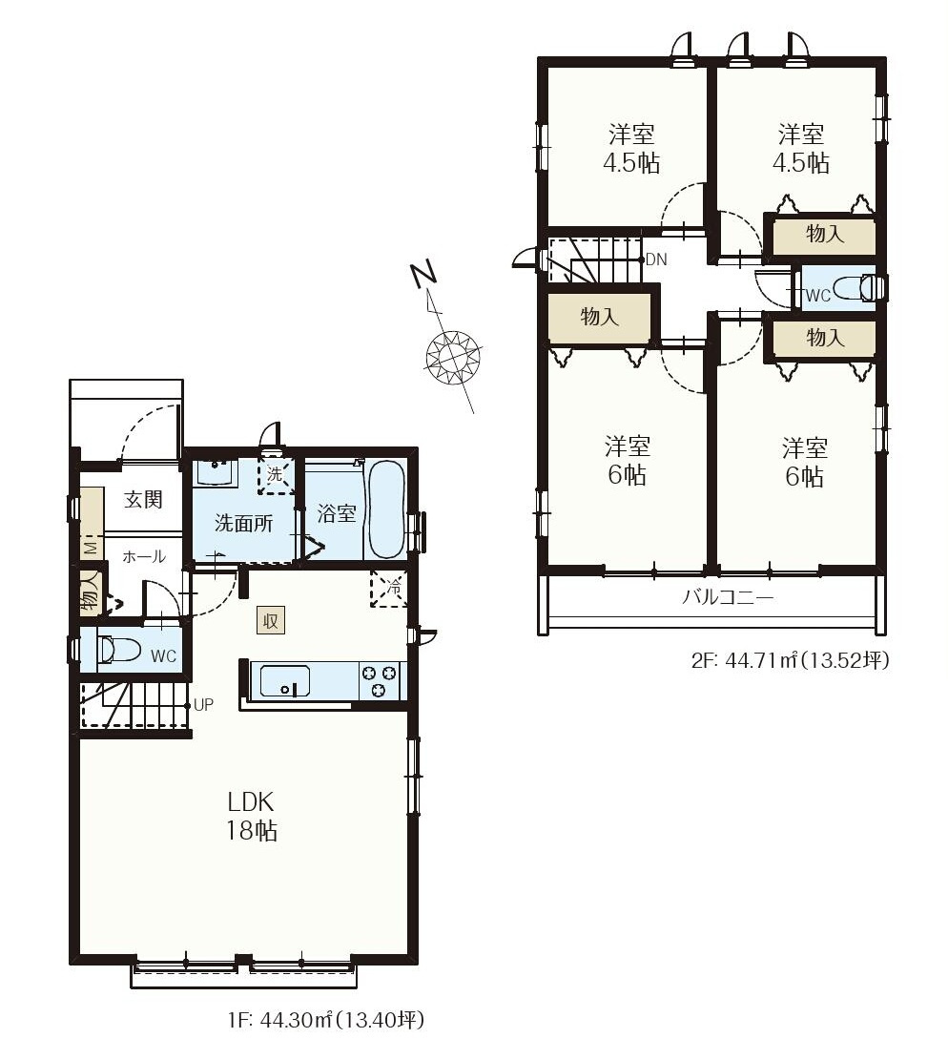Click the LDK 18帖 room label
coord(251,816)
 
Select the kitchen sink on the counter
coord(285,681)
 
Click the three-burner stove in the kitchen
coord(379,681)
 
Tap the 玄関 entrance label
coord(143,500)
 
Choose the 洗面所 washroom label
coord(244,523)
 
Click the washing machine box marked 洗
coord(276,475)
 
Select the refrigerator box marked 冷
coord(387,589)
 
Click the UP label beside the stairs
coord(203,704)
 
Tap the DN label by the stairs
coord(656,260)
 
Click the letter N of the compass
coord(424,274)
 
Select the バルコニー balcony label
coord(727,597)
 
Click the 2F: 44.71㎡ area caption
coord(790,659)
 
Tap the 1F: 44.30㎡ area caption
coord(326,1019)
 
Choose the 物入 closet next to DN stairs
coord(599,316)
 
